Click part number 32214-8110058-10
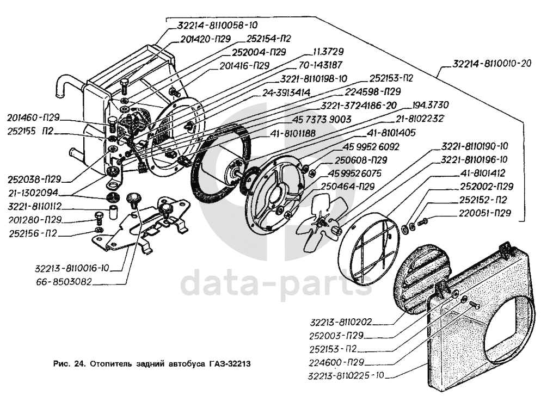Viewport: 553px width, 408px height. click(217, 25)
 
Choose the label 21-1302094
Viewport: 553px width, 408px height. click(34, 193)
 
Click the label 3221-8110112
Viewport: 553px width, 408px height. click(34, 207)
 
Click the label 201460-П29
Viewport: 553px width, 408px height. click(34, 118)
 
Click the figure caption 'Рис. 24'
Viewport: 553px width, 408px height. click(69, 363)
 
